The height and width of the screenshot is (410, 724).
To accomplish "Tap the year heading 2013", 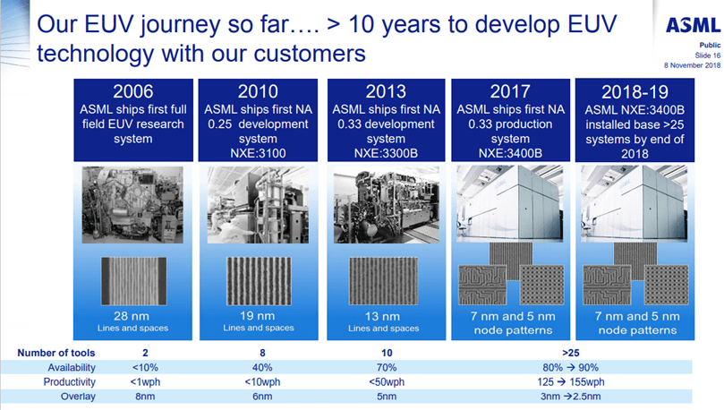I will pos(388,91).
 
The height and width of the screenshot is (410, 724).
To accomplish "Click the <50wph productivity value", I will pos(388,381).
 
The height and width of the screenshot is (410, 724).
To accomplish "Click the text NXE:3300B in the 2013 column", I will pos(388,153).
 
